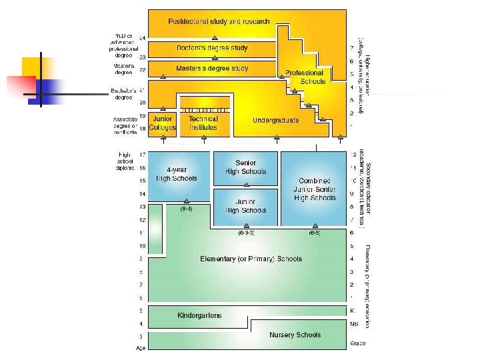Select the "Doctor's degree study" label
click(213, 48)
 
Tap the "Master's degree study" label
click(212, 68)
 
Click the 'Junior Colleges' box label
click(162, 123)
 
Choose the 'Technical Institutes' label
click(203, 123)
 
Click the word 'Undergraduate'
click(276, 121)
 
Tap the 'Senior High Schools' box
click(245, 167)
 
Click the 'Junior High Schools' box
click(245, 206)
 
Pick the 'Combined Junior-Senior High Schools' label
click(315, 189)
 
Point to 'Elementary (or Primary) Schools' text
click(251, 259)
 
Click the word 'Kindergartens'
click(199, 315)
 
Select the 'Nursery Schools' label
click(295, 335)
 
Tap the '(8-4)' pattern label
click(187, 209)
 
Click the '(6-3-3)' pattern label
click(246, 233)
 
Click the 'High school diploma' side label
click(125, 161)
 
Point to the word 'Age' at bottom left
click(141, 348)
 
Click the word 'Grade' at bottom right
click(357, 343)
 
